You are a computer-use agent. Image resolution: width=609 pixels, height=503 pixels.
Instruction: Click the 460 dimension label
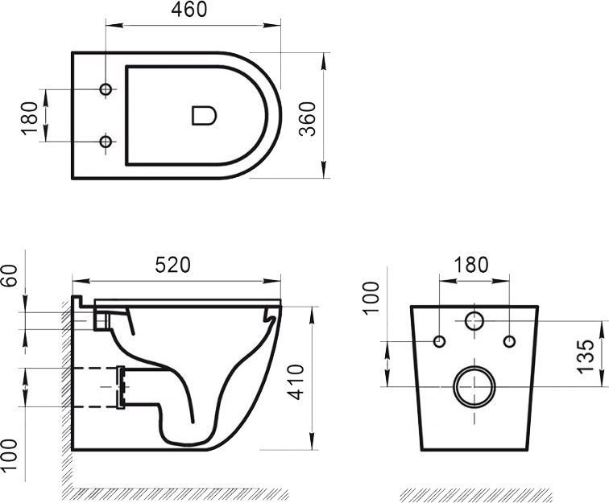pos(190,10)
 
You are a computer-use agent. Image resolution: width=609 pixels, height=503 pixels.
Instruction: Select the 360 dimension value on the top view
pos(307,118)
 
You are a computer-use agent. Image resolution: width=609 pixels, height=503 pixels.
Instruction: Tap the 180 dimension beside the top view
pos(31,118)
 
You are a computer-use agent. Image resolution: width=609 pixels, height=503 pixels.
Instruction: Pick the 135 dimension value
pos(586,353)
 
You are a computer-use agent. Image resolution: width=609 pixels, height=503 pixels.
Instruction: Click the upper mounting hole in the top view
pos(105,89)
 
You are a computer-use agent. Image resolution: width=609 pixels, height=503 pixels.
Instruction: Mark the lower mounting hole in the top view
pos(105,142)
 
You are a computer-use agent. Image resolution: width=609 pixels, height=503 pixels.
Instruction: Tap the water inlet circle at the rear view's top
pos(474,321)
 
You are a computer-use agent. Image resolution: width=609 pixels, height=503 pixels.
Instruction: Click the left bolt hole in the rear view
pos(439,342)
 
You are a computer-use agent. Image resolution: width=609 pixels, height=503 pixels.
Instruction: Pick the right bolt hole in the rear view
pos(508,342)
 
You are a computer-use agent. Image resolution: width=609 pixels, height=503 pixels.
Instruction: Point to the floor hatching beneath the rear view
pos(475,493)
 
